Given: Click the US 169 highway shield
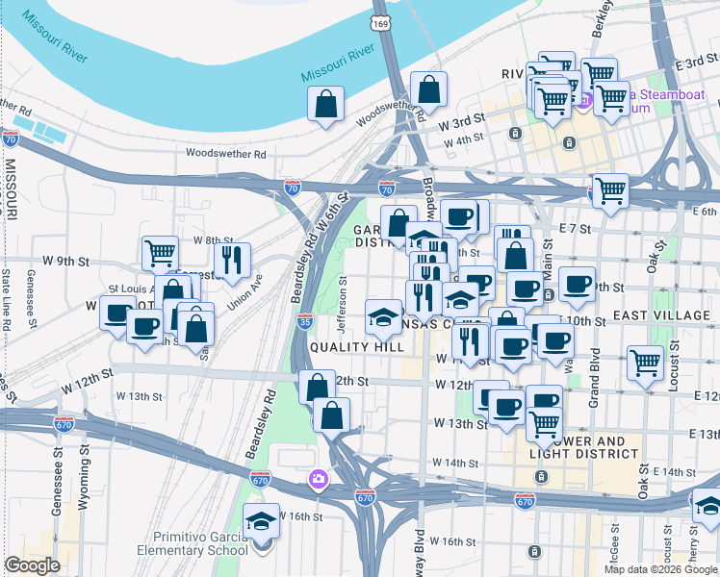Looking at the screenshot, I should coord(380,22).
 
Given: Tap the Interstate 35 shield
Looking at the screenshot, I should coord(305,321).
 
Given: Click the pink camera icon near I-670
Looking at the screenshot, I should coord(318,478).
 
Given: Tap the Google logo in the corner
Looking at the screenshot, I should coord(32,565).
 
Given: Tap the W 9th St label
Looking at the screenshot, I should coord(65,261).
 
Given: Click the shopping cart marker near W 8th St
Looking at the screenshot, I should coord(160,253).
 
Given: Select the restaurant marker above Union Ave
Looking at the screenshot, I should coord(232,259).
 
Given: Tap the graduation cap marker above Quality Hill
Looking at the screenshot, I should coord(384,315).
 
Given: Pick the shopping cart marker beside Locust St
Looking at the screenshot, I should coord(646,363).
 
